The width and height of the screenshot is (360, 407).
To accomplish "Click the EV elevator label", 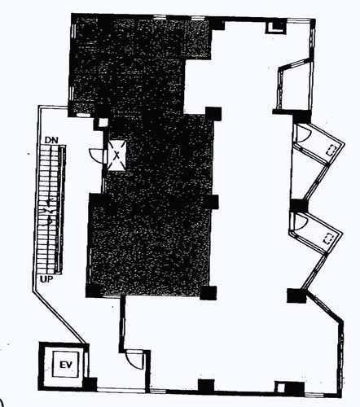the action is (x=66, y=365).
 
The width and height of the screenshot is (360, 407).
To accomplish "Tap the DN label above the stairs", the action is (x=51, y=140).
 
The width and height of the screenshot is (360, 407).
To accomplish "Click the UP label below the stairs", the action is (x=46, y=279).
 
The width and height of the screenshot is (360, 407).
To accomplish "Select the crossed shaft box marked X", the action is (x=117, y=155).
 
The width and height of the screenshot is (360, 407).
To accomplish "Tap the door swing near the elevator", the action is (x=135, y=360).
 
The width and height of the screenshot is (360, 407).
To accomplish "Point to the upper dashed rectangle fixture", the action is (x=331, y=151).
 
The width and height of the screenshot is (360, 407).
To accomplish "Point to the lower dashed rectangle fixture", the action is (x=329, y=239).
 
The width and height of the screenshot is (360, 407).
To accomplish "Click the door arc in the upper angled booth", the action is (x=302, y=133).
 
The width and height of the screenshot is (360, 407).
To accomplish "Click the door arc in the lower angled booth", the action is (x=299, y=222).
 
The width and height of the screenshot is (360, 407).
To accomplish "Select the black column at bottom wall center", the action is (x=206, y=385).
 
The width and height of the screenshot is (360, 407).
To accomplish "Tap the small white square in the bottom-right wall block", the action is (x=280, y=388).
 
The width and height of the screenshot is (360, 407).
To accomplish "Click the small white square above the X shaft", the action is (x=103, y=123).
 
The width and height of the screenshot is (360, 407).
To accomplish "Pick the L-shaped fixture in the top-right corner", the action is (x=275, y=28).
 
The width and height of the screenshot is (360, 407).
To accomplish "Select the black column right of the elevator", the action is (x=90, y=384).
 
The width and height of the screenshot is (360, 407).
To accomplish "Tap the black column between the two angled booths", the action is (x=299, y=205).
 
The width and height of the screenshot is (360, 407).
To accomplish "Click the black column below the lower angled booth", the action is (x=296, y=295).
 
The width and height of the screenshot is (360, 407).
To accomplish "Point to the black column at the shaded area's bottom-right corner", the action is (x=209, y=293).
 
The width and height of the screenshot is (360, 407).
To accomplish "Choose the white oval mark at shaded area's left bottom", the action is (x=83, y=115).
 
